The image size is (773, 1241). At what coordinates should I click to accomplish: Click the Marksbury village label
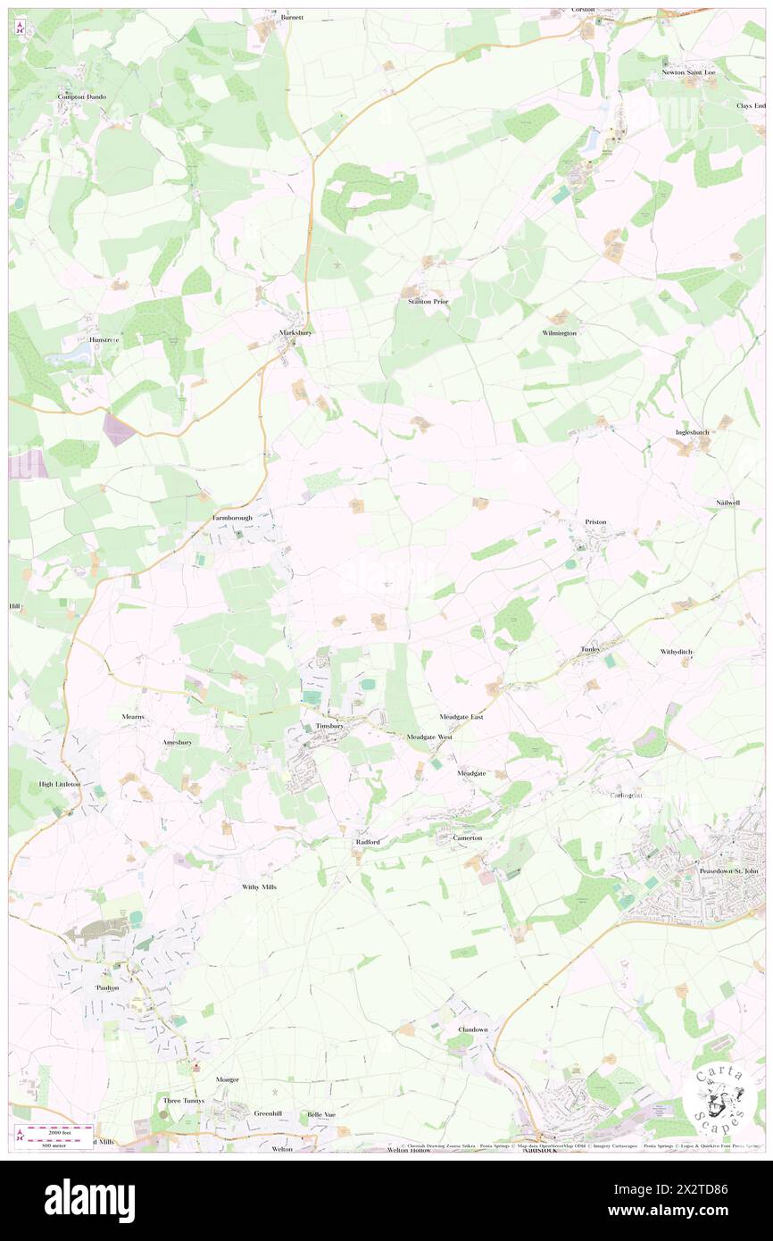(x=294, y=333)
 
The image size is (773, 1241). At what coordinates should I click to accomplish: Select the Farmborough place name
(x=232, y=518)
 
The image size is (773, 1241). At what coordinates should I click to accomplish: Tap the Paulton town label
(x=107, y=988)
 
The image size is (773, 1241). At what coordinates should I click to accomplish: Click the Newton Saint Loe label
(x=687, y=72)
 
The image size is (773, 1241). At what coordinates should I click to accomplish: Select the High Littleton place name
(x=60, y=784)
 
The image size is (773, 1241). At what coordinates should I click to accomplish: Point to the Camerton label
(x=467, y=838)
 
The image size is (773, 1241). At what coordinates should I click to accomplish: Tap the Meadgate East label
(x=461, y=717)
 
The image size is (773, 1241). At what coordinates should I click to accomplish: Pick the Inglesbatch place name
(x=691, y=432)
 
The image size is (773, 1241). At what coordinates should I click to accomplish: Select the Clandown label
(x=472, y=1029)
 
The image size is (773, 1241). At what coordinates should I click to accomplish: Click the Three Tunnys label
(x=184, y=1101)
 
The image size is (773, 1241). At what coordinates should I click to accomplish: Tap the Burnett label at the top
(x=292, y=17)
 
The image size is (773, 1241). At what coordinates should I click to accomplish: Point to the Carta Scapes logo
(x=718, y=1097)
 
